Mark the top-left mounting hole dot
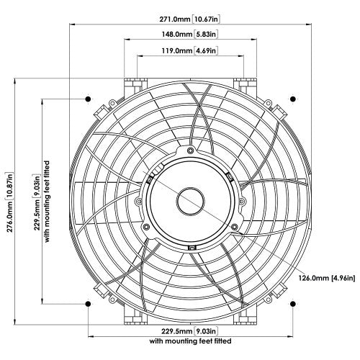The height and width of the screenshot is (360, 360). coord(88,97)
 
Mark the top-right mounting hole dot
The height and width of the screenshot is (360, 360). coord(293,97)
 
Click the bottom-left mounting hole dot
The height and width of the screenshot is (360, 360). coord(88,303)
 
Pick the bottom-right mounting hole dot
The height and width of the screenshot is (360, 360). coord(293,303)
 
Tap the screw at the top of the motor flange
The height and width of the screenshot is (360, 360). coord(190,151)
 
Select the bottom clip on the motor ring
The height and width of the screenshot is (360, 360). coord(190,248)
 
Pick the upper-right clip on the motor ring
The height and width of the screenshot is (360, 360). coord(228,175)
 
